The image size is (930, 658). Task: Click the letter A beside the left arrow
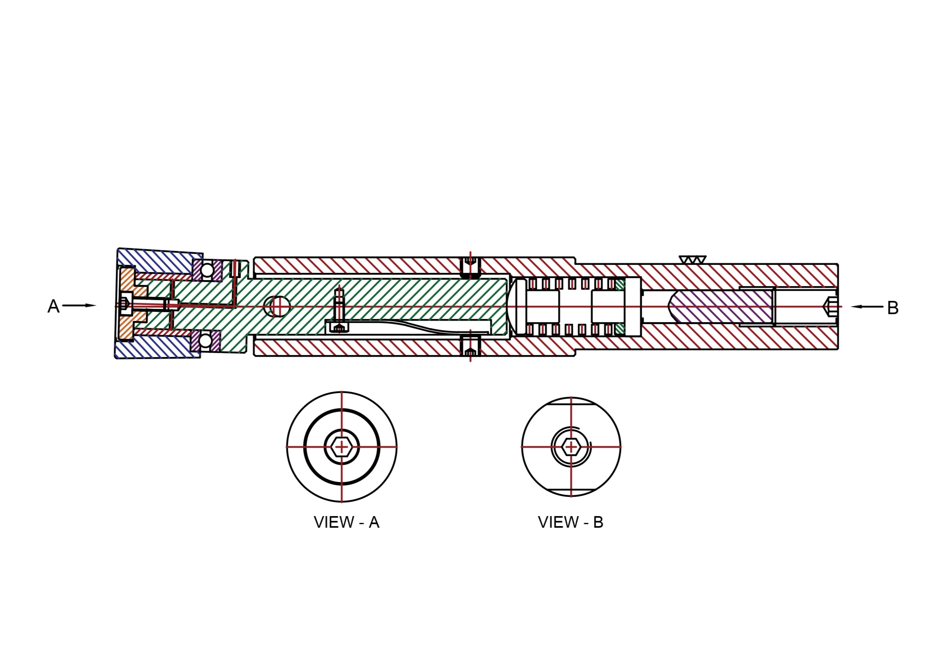(54, 306)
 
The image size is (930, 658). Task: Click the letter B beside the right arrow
(893, 308)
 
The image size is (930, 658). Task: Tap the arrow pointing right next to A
(79, 305)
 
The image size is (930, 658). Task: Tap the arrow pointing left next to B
(866, 307)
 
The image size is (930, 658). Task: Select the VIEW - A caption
(346, 522)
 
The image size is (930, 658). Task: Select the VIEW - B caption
(570, 522)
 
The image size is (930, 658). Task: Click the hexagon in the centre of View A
(341, 447)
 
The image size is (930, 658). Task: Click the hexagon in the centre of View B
(571, 447)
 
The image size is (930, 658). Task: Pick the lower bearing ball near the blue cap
(206, 341)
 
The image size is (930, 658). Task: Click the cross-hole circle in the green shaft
(277, 307)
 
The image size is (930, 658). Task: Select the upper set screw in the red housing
(470, 268)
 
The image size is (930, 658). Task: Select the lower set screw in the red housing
(470, 345)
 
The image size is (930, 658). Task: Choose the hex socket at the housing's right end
(832, 307)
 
